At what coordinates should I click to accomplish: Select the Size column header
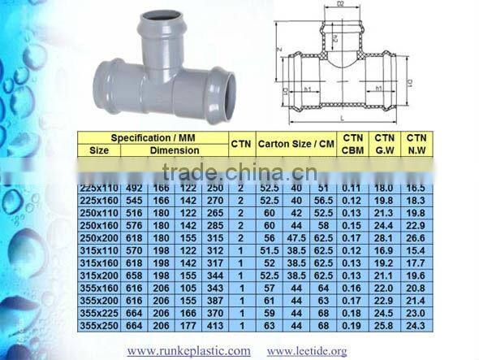99,150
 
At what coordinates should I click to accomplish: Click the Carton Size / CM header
296,144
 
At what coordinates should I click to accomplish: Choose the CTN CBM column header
352,144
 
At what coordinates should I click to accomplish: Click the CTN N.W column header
416,144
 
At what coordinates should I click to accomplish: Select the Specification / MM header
154,138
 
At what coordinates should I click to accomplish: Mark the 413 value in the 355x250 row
215,326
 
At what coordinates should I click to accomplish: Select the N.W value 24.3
416,326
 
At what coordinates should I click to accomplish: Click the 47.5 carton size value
296,239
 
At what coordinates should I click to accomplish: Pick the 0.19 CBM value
352,326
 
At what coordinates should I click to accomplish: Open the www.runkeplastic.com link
189,351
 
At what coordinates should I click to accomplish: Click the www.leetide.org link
307,351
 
